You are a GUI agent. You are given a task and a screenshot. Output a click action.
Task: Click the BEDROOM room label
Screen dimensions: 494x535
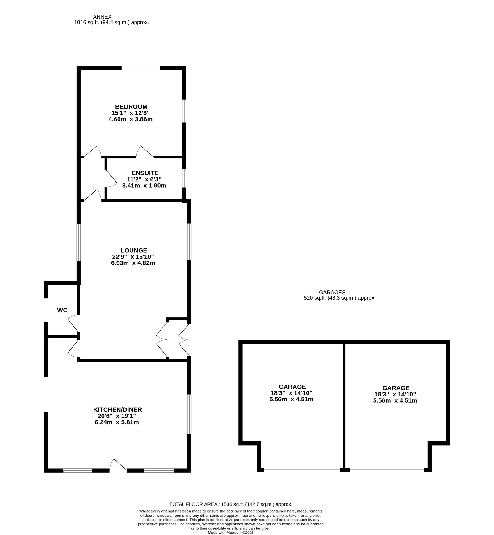(131, 107)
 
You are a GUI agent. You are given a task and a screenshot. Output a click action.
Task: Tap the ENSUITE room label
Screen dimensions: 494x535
(145, 173)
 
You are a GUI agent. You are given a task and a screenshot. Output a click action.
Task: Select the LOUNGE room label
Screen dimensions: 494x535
(134, 250)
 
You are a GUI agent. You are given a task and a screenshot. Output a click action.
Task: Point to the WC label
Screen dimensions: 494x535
(62, 310)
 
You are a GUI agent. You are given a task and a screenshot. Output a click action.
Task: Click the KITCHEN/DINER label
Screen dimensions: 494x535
(118, 409)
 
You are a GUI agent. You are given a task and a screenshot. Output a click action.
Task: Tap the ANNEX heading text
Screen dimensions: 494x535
(102, 17)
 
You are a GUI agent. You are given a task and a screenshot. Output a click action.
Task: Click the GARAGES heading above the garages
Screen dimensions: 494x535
(332, 292)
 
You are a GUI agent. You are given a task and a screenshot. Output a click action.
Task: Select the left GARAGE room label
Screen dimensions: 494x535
(292, 387)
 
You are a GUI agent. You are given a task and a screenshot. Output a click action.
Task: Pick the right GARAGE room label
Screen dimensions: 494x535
(396, 388)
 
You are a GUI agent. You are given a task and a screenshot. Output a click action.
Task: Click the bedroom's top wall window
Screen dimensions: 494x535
(141, 68)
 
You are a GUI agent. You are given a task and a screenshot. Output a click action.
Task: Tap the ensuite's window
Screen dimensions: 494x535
(184, 178)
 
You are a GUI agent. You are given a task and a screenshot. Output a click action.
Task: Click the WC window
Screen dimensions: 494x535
(46, 310)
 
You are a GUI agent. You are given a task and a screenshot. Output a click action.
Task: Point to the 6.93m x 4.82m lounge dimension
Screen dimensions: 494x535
(133, 263)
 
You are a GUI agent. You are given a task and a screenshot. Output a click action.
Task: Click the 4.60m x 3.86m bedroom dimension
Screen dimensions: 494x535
(131, 119)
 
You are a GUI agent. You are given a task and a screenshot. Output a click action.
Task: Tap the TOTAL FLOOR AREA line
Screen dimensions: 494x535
(231, 504)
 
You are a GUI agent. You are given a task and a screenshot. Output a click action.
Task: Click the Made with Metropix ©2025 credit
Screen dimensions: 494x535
(231, 533)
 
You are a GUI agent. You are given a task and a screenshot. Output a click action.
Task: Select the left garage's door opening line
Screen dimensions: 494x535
(302, 470)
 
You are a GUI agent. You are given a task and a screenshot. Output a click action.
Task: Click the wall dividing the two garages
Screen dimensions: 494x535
(344, 405)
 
